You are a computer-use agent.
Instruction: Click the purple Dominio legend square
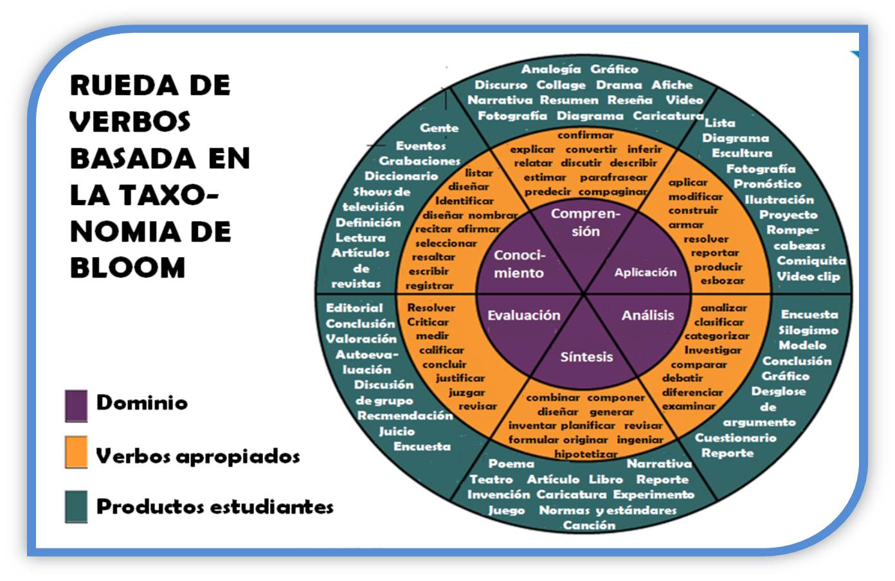click(76, 405)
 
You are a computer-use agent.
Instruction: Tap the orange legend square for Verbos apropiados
click(76, 452)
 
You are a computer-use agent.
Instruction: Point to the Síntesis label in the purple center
click(586, 357)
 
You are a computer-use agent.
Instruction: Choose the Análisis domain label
click(647, 315)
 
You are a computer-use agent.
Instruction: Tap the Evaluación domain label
click(523, 315)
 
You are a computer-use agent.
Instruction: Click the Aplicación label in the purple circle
click(645, 273)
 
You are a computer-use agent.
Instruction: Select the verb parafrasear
click(613, 177)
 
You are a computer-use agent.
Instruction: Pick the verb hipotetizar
click(586, 454)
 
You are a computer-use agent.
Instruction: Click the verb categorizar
click(717, 335)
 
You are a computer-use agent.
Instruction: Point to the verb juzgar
click(467, 392)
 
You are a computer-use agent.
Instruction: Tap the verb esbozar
click(723, 280)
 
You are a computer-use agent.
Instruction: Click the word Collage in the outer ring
click(561, 85)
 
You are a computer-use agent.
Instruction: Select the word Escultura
click(741, 153)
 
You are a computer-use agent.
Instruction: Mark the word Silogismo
click(808, 330)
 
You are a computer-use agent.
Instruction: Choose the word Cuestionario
click(736, 438)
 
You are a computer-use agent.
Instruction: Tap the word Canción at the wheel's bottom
click(589, 525)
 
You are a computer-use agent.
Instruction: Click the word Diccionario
click(401, 176)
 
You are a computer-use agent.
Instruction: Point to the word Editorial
click(354, 308)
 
